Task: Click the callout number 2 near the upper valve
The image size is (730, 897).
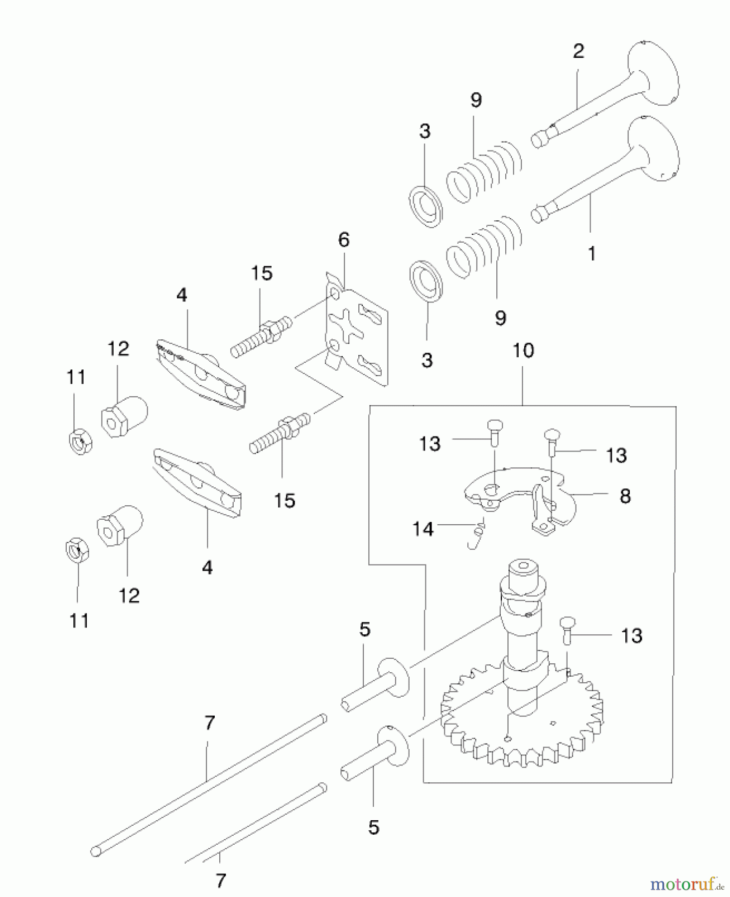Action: pos(578,51)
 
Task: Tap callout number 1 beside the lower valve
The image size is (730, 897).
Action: pos(591,254)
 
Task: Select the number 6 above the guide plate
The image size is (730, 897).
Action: pos(344,240)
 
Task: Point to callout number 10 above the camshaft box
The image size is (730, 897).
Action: pos(523,350)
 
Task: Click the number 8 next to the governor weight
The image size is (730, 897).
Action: pos(625,496)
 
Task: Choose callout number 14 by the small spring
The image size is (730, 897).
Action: pos(423,528)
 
